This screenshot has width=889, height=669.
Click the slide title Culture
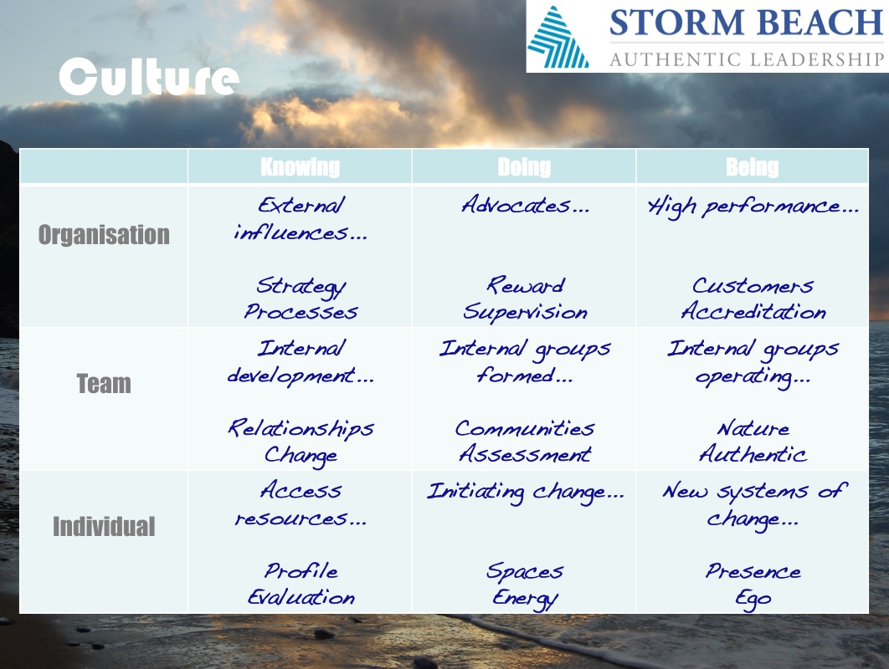tap(149, 76)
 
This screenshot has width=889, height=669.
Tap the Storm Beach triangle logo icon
tap(558, 38)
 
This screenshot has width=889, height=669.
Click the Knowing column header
tap(300, 167)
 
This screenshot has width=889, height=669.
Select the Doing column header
tap(524, 167)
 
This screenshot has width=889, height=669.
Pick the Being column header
tap(753, 167)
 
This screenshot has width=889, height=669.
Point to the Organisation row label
tap(104, 234)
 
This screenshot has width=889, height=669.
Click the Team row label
tap(104, 384)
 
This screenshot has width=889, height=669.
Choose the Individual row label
tap(104, 526)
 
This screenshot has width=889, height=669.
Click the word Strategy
tap(301, 287)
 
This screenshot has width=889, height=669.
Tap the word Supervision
tap(525, 313)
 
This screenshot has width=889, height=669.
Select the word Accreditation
tap(753, 311)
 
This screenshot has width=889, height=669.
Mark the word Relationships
tap(301, 429)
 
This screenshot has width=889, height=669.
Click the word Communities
tap(525, 428)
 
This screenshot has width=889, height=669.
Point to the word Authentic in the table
tap(753, 454)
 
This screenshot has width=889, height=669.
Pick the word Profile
tap(301, 570)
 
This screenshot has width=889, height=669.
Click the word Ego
tap(753, 599)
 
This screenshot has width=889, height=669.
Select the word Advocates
tap(516, 205)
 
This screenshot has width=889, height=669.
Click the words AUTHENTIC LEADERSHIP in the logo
tap(747, 59)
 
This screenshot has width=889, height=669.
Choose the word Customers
tap(753, 285)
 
